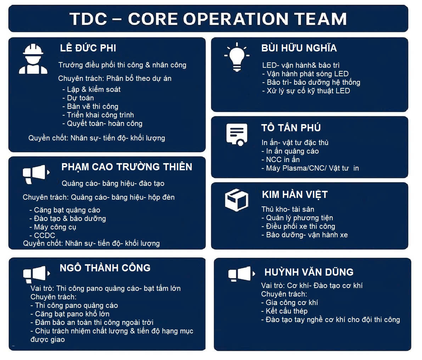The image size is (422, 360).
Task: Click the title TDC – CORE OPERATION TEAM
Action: coord(208,19)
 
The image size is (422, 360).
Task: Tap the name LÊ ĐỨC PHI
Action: coord(88,48)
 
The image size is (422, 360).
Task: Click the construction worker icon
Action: coord(33,59)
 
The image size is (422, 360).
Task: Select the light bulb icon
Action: coord(237,57)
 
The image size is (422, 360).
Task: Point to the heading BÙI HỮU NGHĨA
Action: coord(299,48)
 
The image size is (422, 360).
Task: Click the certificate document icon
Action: coord(237,134)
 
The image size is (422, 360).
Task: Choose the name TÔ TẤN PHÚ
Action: coord(291,128)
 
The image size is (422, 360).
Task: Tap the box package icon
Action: coord(237,200)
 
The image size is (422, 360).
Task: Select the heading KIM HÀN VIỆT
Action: coord(295,195)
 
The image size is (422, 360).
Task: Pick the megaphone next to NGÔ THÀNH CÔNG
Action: coord(36,274)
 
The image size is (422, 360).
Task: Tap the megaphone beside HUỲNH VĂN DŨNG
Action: coord(242,274)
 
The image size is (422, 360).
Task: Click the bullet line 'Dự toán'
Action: coord(78,98)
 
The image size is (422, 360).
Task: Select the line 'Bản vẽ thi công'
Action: coord(90,106)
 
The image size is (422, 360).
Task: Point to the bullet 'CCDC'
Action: coord(42,235)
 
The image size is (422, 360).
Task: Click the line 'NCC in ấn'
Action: coord(280,160)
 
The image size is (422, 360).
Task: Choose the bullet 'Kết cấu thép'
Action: coord(284,311)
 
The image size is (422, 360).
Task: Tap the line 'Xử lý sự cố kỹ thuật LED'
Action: coord(306,91)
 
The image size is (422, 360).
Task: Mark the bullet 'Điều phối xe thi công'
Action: coord(298,226)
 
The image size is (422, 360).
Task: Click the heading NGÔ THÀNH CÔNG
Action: coord(105,268)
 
